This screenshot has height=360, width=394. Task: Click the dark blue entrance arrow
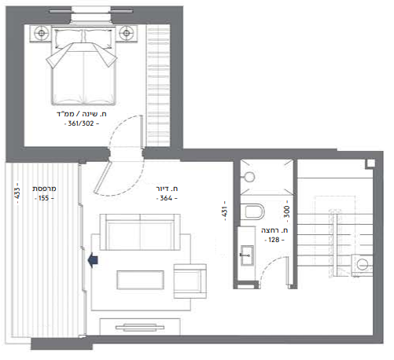[x=93, y=260]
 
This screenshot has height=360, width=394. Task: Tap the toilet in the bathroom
[x=254, y=211]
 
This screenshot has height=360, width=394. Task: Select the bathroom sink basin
[x=247, y=255]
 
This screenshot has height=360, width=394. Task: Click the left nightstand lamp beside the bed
[x=41, y=33]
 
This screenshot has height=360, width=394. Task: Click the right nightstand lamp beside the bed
[x=127, y=33]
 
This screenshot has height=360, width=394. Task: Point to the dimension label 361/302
[x=81, y=123]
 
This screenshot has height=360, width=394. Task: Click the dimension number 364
[x=166, y=198]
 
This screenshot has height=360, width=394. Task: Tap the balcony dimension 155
[x=44, y=198]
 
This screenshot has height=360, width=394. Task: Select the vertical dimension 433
[x=17, y=193]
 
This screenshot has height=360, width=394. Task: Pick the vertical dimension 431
[x=224, y=211]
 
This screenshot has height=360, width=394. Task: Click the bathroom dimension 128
[x=274, y=240]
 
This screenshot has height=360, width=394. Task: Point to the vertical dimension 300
[x=287, y=211]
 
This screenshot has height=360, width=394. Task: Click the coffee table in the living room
[x=141, y=280]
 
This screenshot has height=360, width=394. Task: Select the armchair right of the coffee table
[x=190, y=281]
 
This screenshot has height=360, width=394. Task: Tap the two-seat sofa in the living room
[x=140, y=232]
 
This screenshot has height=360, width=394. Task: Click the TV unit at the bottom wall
[x=140, y=327]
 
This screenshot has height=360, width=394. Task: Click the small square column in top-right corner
[x=370, y=163]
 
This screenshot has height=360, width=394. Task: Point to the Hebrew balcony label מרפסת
[x=44, y=189]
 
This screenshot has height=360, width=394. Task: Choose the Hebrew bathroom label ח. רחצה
[x=274, y=230]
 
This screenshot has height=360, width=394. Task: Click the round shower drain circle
[x=249, y=177]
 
